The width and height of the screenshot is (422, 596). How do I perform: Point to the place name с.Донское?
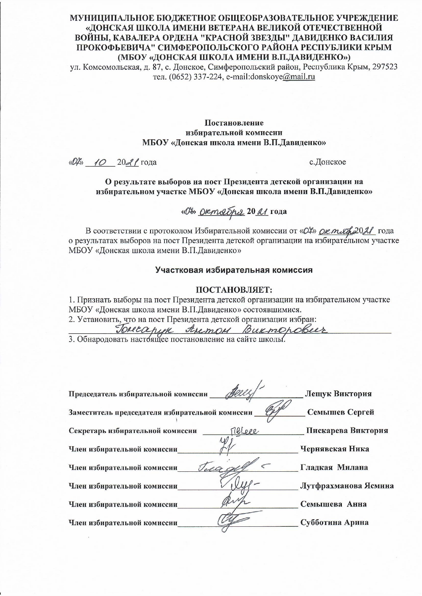coord(328,162)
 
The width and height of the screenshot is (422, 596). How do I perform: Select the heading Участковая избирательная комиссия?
coord(234,270)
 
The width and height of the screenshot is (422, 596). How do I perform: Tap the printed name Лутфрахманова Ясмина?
coord(347,486)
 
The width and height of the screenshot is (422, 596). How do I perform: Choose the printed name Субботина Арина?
coord(334,522)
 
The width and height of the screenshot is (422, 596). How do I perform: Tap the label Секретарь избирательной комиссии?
coord(133,431)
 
